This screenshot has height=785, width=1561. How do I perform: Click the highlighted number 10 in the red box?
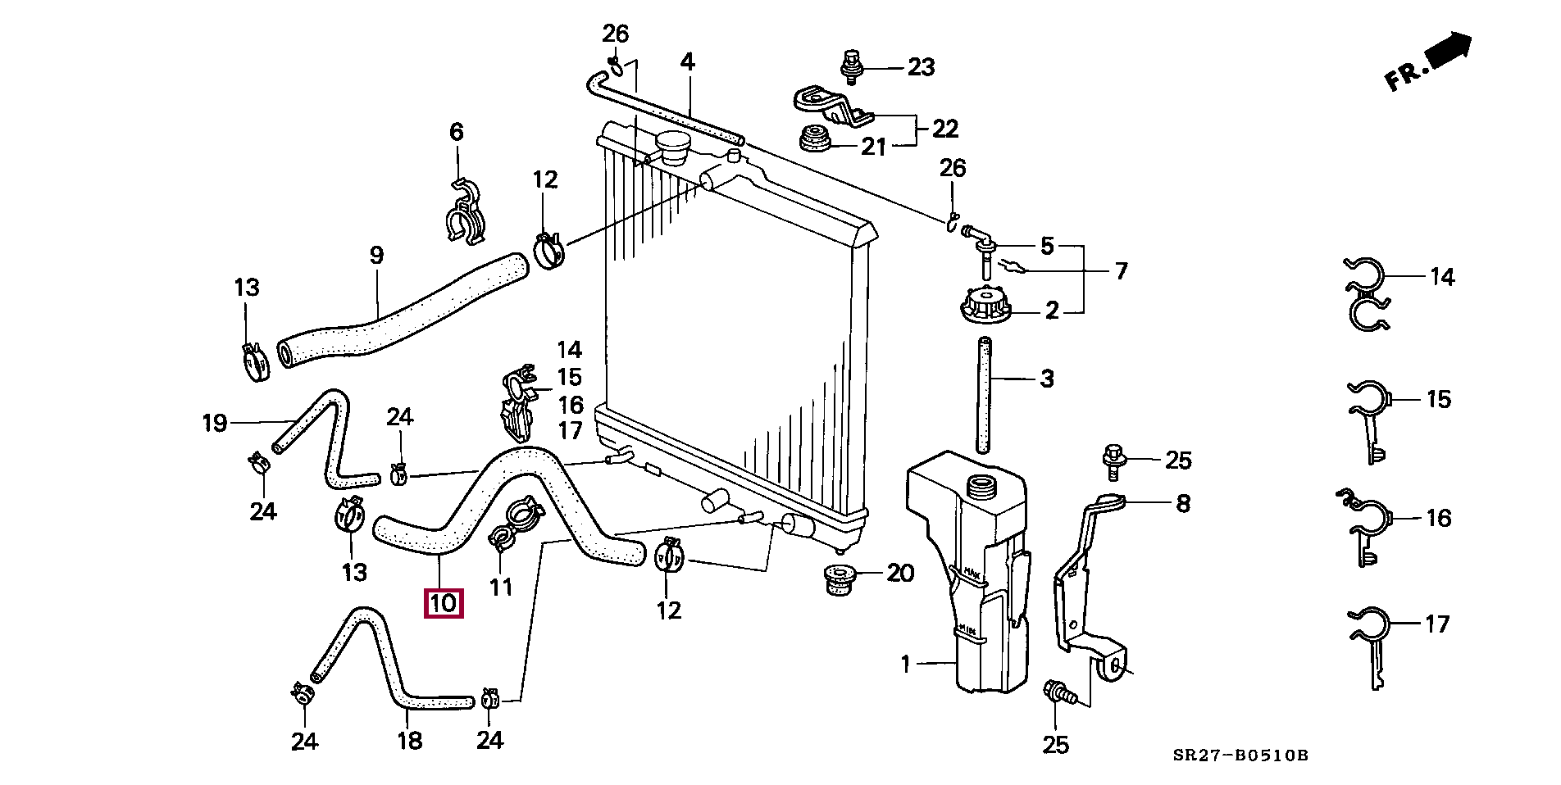(443, 604)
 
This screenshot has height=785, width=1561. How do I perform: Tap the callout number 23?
(921, 67)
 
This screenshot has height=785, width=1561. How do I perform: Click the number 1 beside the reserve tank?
(905, 664)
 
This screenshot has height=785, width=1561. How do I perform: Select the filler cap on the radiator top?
(676, 148)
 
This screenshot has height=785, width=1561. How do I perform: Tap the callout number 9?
(376, 256)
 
